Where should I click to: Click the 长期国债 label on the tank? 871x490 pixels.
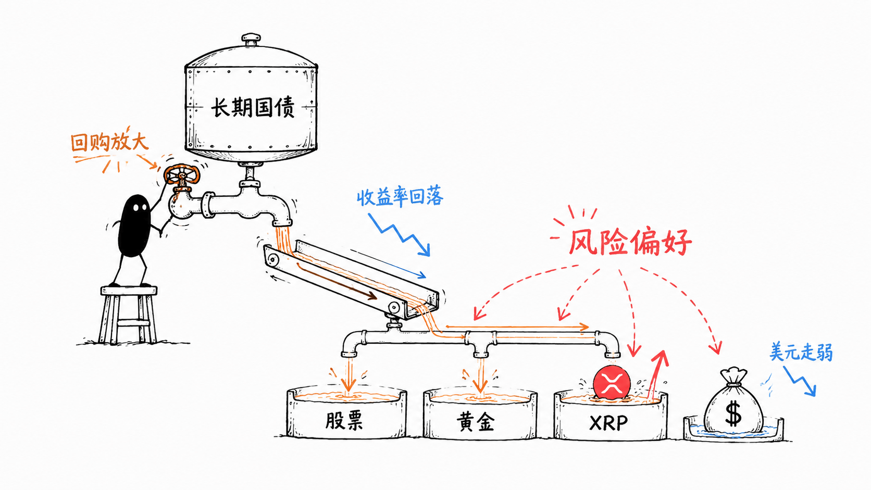[x=253, y=107]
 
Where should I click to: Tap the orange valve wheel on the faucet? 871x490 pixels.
[x=182, y=175]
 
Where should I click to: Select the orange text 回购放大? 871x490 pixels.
[x=109, y=142]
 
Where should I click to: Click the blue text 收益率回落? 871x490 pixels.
[x=400, y=197]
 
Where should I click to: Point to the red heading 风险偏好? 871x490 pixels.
[x=630, y=242]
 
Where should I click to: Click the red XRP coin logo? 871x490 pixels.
[x=612, y=382]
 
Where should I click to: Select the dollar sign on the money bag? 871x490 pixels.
[x=733, y=414]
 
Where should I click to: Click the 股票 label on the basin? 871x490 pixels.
[x=344, y=420]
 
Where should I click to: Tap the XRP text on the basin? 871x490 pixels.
[x=608, y=423]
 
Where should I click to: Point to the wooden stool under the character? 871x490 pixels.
[x=129, y=315]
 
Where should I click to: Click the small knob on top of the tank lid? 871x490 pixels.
[x=251, y=39]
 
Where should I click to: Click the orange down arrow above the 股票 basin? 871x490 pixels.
[x=349, y=376]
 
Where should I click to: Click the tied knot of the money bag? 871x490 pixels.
[x=734, y=384]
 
